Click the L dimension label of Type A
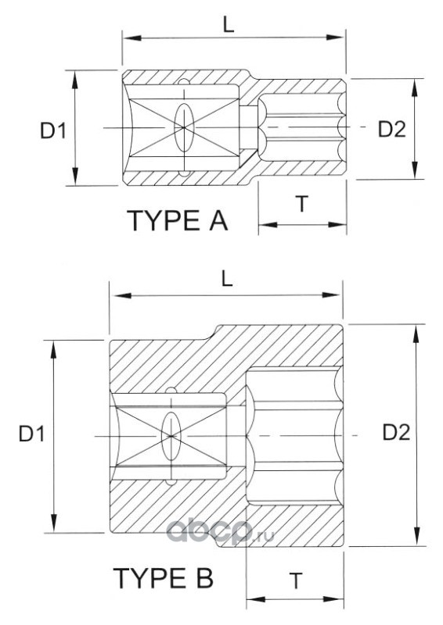[x=228, y=25]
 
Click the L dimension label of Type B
[x=226, y=280]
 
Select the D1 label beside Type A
[x=53, y=130]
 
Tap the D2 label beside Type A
[x=392, y=129]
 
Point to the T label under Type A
[x=302, y=204]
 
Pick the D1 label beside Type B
[x=31, y=434]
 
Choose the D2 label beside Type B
[x=396, y=433]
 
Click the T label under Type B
[x=296, y=580]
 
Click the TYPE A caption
[x=178, y=220]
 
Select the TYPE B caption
[x=164, y=578]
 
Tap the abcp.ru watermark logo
[x=220, y=531]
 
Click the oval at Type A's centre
[x=184, y=127]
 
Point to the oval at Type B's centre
[x=171, y=436]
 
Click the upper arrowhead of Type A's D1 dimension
[x=74, y=80]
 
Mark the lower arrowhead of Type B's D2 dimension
[x=416, y=536]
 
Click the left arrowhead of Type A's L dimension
[x=131, y=37]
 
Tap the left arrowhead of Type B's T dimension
[x=256, y=599]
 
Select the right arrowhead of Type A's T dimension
[x=337, y=224]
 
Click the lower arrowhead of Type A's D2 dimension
[x=415, y=170]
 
